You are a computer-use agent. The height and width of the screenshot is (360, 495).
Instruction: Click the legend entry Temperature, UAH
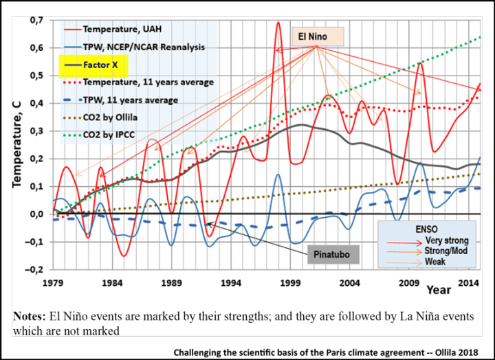125,30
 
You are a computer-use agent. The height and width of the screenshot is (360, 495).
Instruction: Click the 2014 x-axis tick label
470,282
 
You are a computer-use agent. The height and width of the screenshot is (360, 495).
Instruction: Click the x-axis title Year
438,290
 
